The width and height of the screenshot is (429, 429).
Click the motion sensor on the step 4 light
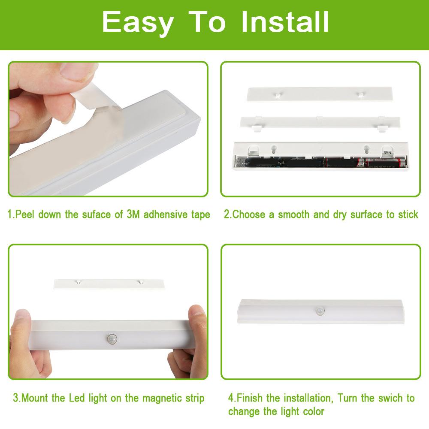[320, 311]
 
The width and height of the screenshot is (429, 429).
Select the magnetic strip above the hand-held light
[109, 284]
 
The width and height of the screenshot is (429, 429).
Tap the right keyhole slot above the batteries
[366, 150]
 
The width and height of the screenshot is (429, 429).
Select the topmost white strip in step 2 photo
[320, 94]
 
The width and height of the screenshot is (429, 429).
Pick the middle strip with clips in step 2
[320, 122]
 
